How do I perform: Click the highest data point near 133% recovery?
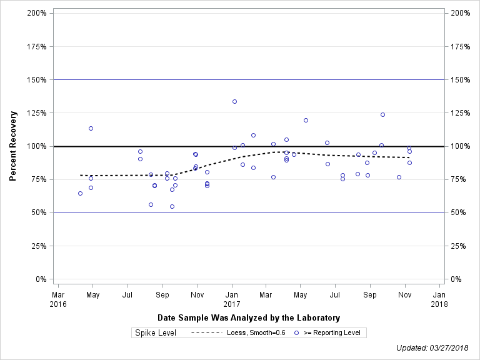click(x=234, y=101)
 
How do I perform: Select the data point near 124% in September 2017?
click(x=382, y=114)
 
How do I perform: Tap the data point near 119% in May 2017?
click(x=306, y=120)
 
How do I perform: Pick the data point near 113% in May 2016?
click(x=91, y=128)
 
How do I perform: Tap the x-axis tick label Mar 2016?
click(x=58, y=299)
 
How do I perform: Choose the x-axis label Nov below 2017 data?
click(x=404, y=295)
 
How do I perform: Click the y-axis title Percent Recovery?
click(x=13, y=146)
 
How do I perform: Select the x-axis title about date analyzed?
click(x=249, y=317)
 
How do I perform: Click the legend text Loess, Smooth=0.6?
click(x=256, y=332)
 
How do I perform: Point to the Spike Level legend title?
click(x=156, y=332)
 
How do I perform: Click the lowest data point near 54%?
click(x=172, y=206)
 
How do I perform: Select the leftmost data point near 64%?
click(x=80, y=193)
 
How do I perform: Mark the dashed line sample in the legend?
click(x=206, y=332)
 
